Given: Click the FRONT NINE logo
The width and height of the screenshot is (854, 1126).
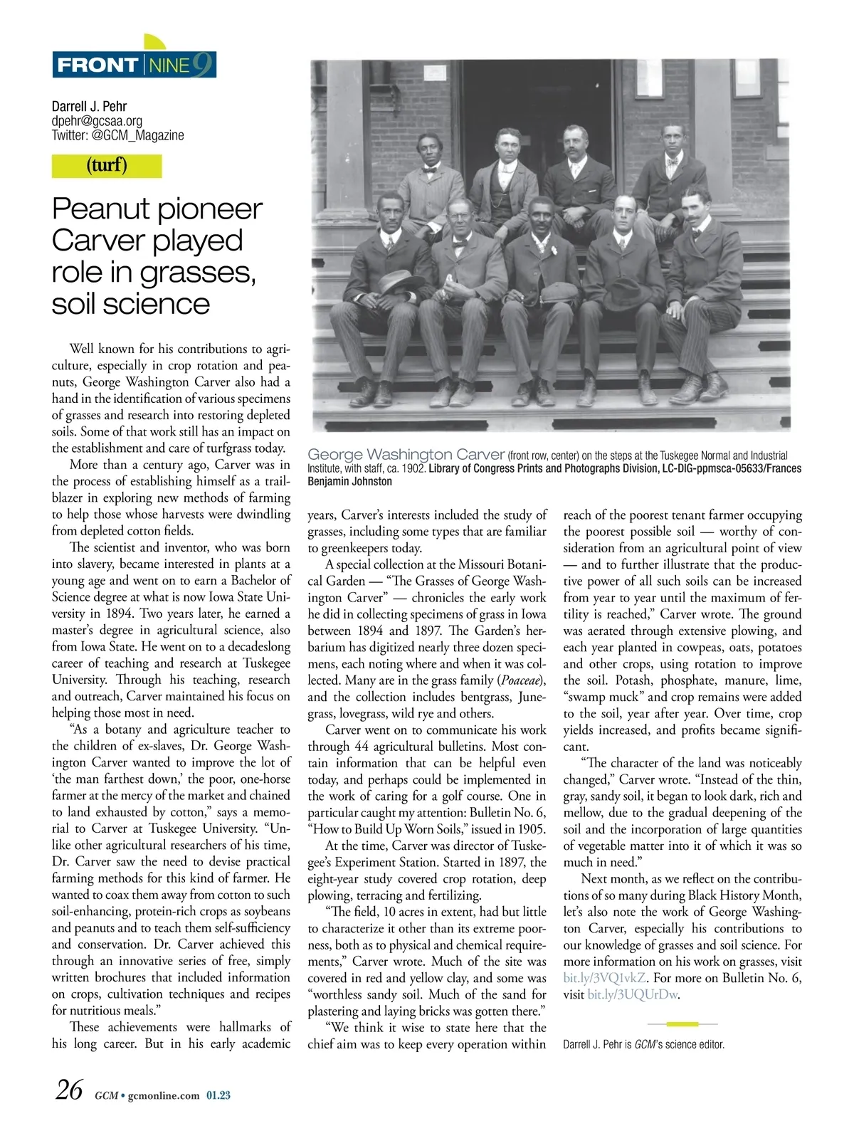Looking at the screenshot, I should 134,65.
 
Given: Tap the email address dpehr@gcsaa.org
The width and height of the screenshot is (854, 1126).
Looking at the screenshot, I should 97,121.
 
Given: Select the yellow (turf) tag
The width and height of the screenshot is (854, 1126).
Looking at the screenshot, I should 107,166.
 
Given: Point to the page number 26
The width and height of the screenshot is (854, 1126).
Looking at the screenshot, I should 69,1090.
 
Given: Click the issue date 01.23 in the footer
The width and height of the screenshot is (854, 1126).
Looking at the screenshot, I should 218,1095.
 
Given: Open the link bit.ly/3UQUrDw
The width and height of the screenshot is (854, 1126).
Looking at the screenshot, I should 632,994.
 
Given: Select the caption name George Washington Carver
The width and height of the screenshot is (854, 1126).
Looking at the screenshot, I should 406,455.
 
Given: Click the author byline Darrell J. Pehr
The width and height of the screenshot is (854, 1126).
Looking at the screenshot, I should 89,107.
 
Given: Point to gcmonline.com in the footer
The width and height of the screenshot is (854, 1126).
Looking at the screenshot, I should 164,1095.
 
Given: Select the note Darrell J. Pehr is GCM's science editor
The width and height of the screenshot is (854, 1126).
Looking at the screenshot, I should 643,1045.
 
